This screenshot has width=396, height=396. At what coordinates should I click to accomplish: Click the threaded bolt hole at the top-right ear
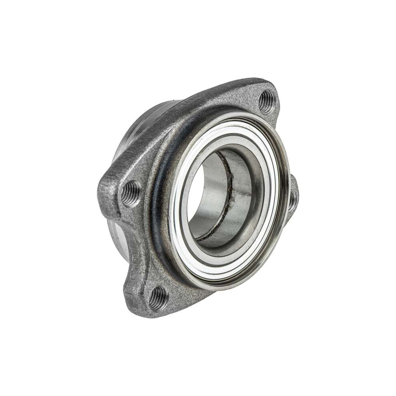click(266, 102)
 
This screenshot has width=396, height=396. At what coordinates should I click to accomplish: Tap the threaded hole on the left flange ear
click(130, 193)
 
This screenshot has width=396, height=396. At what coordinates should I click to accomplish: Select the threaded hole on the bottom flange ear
click(159, 298)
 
